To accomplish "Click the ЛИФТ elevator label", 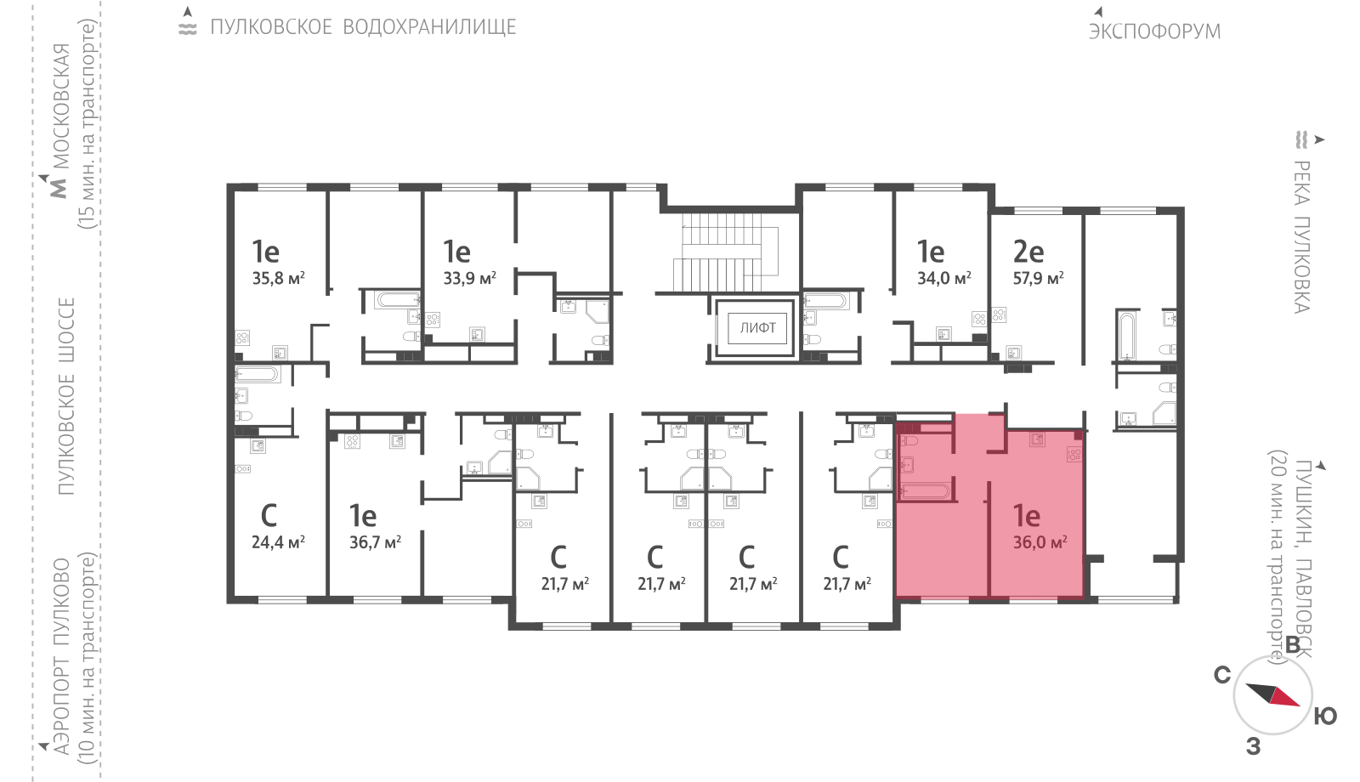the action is tap(757, 328).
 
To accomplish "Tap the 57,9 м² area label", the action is tap(1038, 278).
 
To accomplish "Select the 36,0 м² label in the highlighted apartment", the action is tap(1040, 541).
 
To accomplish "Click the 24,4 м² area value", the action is tap(278, 541).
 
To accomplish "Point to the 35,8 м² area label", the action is tap(278, 278).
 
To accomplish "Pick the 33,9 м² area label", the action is tap(469, 278).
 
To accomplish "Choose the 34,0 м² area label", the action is tap(943, 278).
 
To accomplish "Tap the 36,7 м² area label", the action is tap(375, 541).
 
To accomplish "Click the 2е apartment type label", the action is tap(1028, 251).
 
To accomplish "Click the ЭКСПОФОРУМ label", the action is tap(1154, 31).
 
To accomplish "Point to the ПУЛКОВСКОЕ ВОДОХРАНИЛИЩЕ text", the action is tap(363, 26).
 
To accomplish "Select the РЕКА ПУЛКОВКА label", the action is tap(1301, 237).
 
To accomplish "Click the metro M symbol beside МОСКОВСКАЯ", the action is tap(59, 188).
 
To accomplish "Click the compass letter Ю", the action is tap(1325, 717).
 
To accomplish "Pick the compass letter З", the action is tap(1254, 746).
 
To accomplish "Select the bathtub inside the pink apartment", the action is tap(926, 490).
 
